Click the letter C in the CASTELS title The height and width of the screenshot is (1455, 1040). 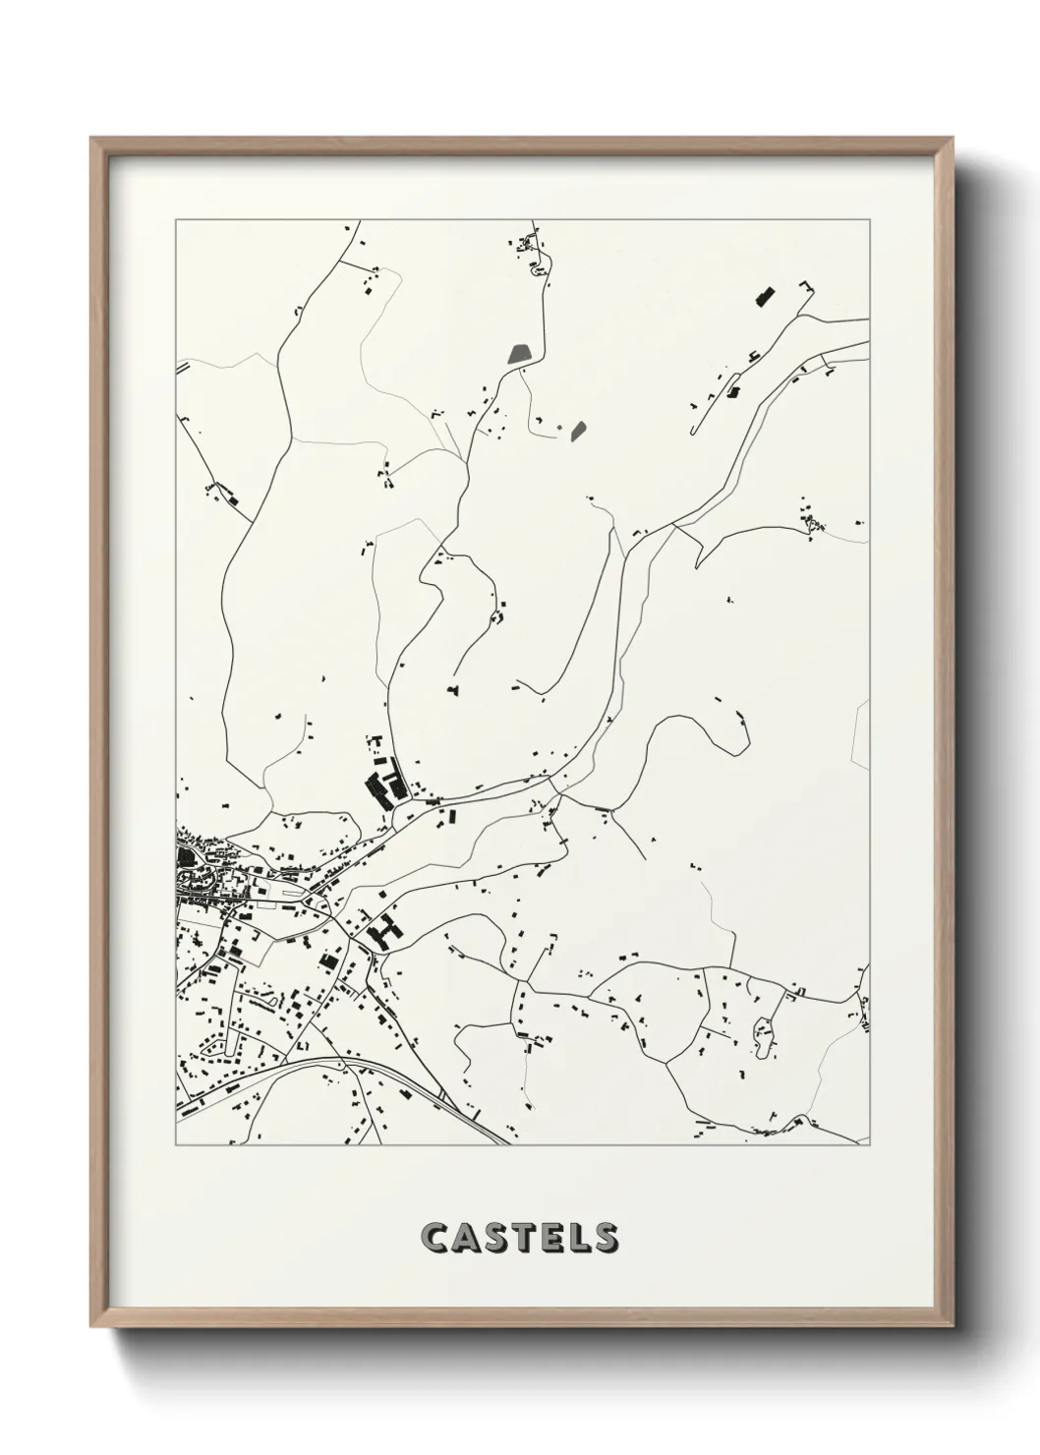(434, 1238)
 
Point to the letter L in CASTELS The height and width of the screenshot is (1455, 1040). (576, 1238)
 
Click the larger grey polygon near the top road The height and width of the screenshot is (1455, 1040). (518, 354)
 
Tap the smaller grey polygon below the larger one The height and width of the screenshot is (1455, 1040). (578, 429)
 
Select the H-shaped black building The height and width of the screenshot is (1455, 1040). (384, 928)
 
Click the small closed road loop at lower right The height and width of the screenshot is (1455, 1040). (763, 1029)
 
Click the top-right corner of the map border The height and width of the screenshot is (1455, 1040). (870, 220)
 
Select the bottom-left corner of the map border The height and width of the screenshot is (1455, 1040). (176, 1145)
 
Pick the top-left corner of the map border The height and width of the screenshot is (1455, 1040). (176, 220)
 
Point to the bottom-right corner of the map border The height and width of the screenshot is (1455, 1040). (870, 1145)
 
